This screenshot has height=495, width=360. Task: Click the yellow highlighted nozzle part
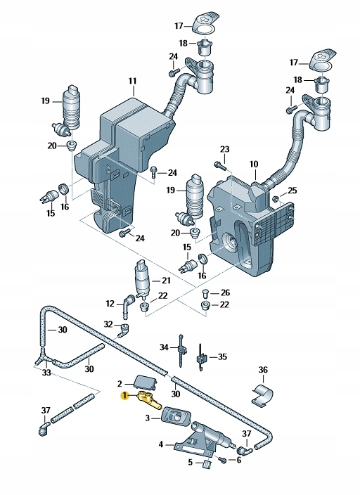149,399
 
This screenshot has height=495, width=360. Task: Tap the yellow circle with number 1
125,395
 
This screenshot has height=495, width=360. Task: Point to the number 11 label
133,81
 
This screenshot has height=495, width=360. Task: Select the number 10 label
254,164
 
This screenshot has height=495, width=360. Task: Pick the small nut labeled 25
275,198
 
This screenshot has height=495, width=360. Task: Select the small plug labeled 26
205,292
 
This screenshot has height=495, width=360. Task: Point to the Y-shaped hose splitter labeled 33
42,358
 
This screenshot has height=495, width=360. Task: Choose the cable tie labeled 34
181,350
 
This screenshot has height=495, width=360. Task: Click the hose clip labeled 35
201,358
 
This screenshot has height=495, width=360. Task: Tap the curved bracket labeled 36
263,395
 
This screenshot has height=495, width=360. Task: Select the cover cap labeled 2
146,382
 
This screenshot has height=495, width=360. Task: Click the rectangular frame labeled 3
174,418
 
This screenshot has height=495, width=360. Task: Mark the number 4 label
161,444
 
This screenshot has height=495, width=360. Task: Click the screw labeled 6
223,459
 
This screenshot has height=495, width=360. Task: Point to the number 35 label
222,356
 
